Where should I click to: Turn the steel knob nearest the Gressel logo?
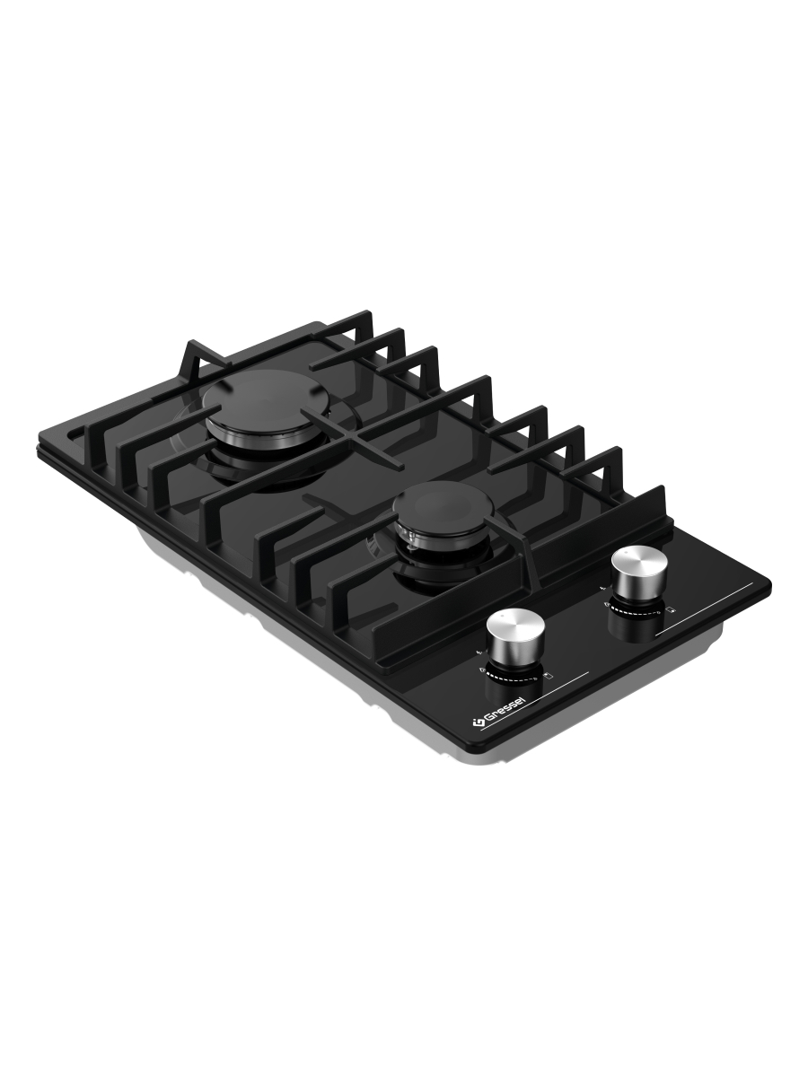point(515,637)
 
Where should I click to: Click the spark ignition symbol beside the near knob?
point(479,653)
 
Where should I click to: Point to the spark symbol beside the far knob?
point(602,587)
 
